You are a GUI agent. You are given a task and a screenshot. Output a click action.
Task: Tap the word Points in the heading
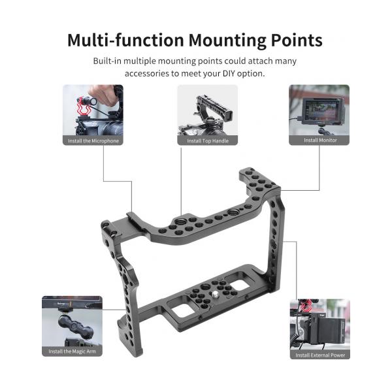tap(297, 40)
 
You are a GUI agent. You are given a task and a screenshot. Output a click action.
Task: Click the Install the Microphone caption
tap(93, 140)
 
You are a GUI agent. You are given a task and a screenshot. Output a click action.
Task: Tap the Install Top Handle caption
tap(208, 140)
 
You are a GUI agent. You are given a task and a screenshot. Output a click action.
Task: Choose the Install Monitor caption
tap(320, 140)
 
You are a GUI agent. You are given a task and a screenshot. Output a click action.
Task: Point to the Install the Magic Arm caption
tap(72, 351)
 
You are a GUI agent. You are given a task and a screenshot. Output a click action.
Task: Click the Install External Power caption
tap(320, 355)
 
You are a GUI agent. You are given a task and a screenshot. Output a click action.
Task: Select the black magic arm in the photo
tap(76, 325)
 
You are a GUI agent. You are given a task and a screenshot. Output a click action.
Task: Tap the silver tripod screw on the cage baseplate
tap(214, 293)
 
